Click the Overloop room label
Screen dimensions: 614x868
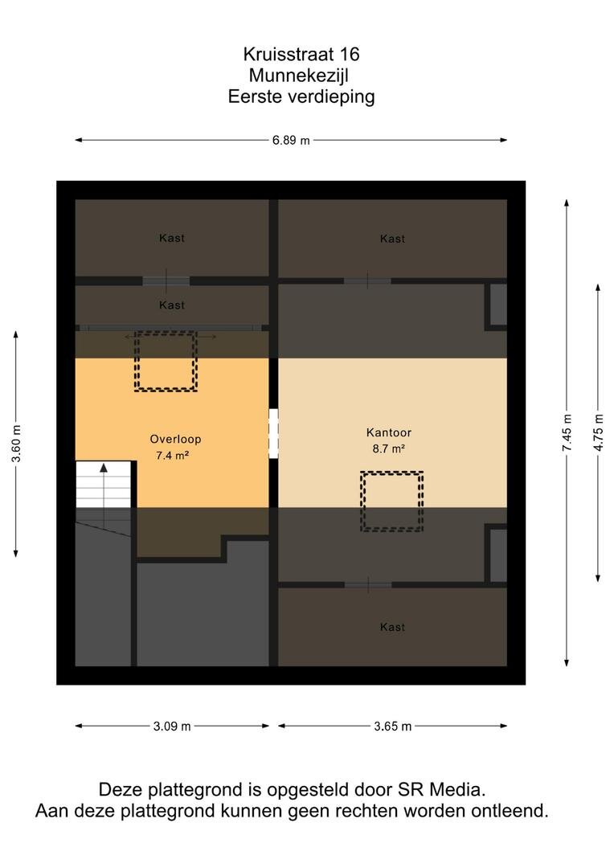[x=175, y=439]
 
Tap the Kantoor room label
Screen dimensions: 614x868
[x=389, y=432]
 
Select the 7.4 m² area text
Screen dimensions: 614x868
[x=172, y=456]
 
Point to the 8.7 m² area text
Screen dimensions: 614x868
[x=388, y=448]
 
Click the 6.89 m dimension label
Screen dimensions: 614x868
[x=291, y=140]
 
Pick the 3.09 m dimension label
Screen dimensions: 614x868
[x=172, y=727]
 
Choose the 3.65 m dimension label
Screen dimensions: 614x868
[x=392, y=727]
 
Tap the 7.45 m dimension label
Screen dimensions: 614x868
[x=567, y=432]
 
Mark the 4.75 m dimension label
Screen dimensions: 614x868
[x=599, y=432]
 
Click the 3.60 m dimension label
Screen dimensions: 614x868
[x=16, y=444]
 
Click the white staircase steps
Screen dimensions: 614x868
[x=103, y=485]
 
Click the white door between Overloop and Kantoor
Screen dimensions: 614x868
[x=273, y=433]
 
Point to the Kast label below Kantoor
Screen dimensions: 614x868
[x=392, y=627]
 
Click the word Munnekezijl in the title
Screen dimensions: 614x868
[x=298, y=75]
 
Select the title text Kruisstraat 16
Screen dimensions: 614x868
[x=301, y=54]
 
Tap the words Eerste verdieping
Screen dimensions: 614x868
[x=301, y=96]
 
